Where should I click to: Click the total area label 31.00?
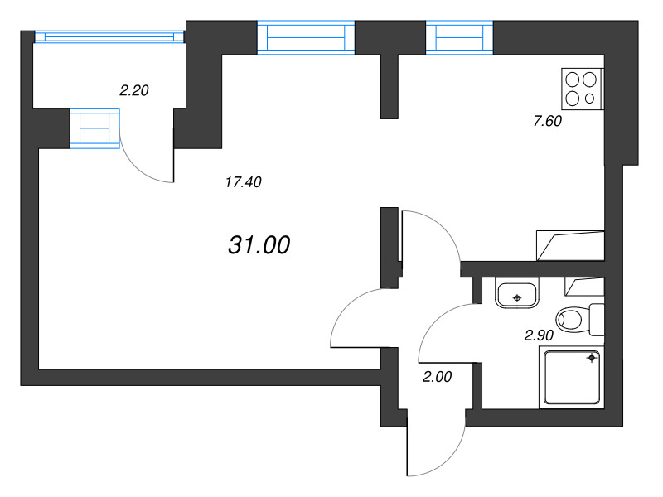pos(258,244)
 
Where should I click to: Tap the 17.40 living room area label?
pos(244,182)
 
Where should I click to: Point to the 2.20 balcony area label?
pos(133,91)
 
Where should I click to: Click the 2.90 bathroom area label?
pos(538,335)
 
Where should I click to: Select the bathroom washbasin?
pos(517,294)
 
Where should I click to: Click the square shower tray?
pos(571,377)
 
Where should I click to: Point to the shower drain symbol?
pos(592,358)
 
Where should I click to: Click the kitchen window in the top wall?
pos(459,37)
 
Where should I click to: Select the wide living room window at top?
pos(306,37)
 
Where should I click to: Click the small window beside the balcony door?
pos(95,128)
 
